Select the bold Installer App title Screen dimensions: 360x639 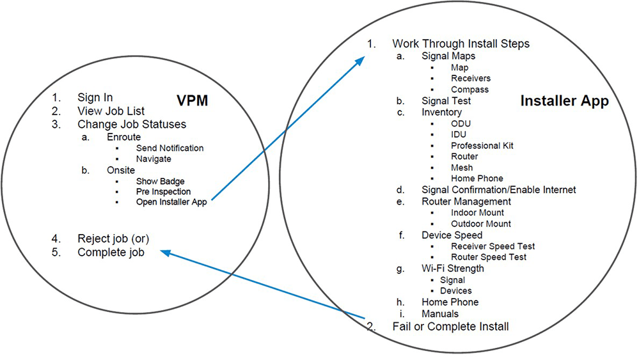pos(564,101)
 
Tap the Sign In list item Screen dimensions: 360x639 pos(95,98)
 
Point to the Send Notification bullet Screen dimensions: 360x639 pos(170,148)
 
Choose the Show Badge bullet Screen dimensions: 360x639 pos(160,181)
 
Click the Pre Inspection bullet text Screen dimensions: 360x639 pos(163,191)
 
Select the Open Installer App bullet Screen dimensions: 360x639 pos(171,202)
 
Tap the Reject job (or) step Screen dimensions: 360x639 pos(113,239)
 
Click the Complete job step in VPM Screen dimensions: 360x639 pos(111,253)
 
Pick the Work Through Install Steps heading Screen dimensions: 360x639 pos(461,44)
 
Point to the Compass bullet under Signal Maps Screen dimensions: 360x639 pos(469,90)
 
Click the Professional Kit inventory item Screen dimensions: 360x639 pos(482,146)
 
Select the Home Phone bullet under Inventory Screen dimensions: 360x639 pos(477,178)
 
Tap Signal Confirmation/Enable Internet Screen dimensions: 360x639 pos(499,190)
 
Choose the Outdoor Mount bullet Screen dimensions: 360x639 pos(481,224)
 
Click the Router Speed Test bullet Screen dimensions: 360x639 pos(489,257)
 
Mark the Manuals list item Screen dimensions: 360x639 pos(440,314)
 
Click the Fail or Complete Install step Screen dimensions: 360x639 pos(450,327)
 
